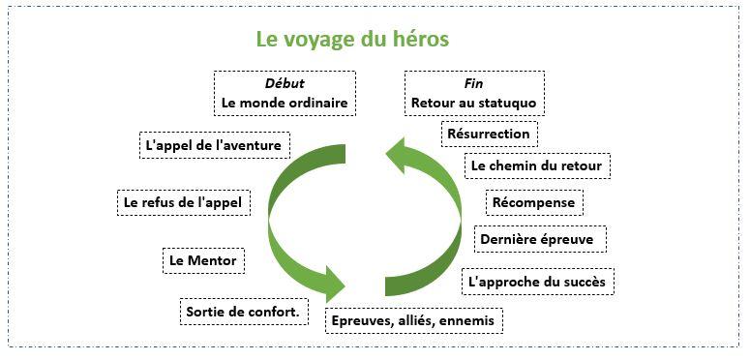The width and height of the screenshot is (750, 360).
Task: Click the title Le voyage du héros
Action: (352, 41)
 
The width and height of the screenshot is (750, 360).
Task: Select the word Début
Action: (284, 83)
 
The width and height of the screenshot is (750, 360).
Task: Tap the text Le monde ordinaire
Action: (284, 102)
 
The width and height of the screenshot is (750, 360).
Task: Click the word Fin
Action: (473, 83)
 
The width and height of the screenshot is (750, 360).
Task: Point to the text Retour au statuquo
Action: (473, 102)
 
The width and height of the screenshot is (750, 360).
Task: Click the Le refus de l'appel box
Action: (182, 203)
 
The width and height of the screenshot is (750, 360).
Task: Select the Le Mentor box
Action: (202, 260)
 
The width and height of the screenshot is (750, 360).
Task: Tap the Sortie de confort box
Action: (242, 312)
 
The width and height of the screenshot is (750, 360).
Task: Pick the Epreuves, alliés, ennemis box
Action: (413, 320)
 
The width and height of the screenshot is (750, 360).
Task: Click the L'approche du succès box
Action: (538, 282)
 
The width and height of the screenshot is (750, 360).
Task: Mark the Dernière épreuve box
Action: (540, 238)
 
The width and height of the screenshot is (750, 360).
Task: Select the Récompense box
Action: (534, 202)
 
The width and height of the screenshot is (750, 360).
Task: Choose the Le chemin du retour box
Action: (536, 165)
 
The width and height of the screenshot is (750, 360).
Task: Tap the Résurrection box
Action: (489, 133)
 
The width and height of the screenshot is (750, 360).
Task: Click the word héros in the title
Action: (421, 41)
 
